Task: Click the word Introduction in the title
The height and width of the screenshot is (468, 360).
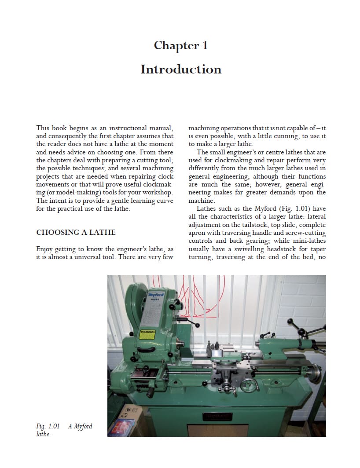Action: click(180, 69)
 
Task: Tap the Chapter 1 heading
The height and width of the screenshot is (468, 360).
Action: click(180, 45)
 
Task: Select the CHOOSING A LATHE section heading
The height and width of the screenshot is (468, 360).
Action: click(76, 232)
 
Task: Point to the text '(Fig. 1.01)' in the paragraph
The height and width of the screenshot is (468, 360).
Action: click(279, 208)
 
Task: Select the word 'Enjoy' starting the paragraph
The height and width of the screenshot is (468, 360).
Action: click(44, 249)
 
